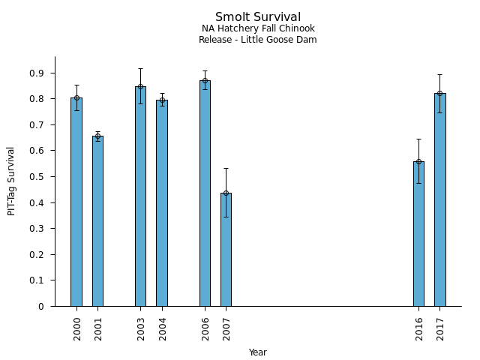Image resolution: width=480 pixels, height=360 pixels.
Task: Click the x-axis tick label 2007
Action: (x=226, y=328)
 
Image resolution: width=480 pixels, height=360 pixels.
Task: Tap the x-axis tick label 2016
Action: (x=419, y=328)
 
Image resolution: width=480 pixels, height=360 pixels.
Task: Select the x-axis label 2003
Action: (x=141, y=328)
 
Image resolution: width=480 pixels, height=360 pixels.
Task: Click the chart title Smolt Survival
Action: (x=257, y=17)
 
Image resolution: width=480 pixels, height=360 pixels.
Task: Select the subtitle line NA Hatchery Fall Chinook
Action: (x=257, y=29)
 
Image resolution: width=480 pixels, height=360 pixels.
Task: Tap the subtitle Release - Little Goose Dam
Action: (x=257, y=40)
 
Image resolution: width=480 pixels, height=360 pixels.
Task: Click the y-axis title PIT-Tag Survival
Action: (x=12, y=181)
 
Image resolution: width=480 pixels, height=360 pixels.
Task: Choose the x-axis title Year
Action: (x=257, y=352)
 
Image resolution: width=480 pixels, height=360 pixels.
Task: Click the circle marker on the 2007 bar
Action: (x=226, y=193)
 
